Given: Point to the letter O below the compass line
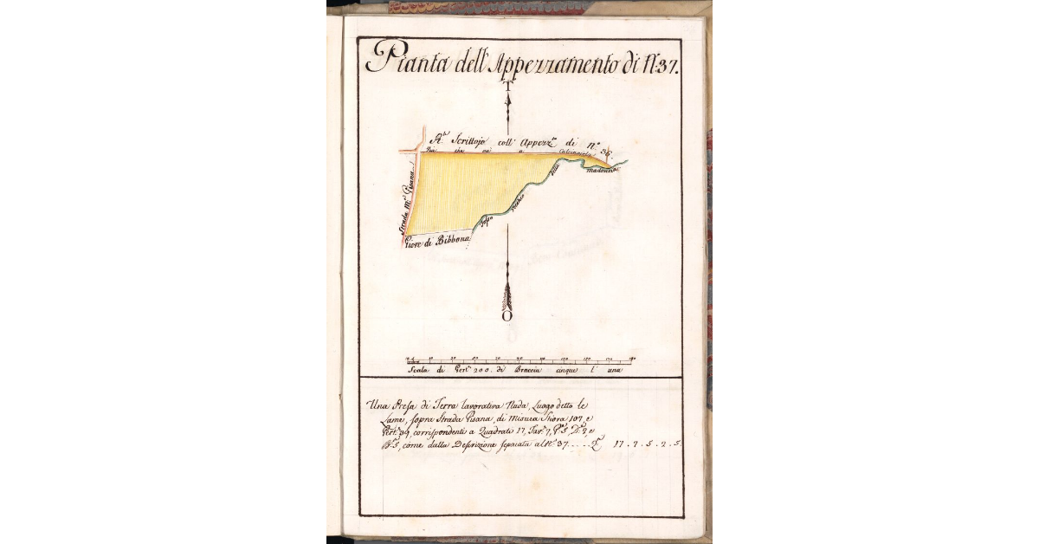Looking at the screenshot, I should (507, 316).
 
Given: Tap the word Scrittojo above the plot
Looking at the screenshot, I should (471, 140).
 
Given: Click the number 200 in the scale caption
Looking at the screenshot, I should (481, 370).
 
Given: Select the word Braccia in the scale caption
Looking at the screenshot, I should (525, 370).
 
